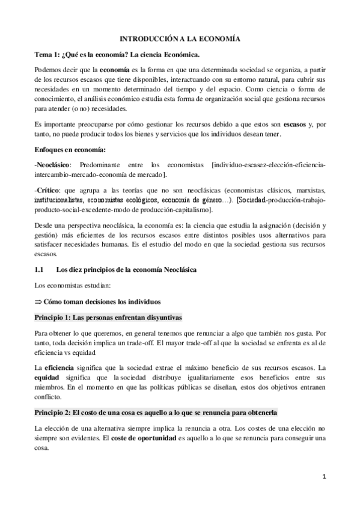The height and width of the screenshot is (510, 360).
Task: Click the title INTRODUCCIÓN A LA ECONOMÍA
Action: [x=180, y=38]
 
